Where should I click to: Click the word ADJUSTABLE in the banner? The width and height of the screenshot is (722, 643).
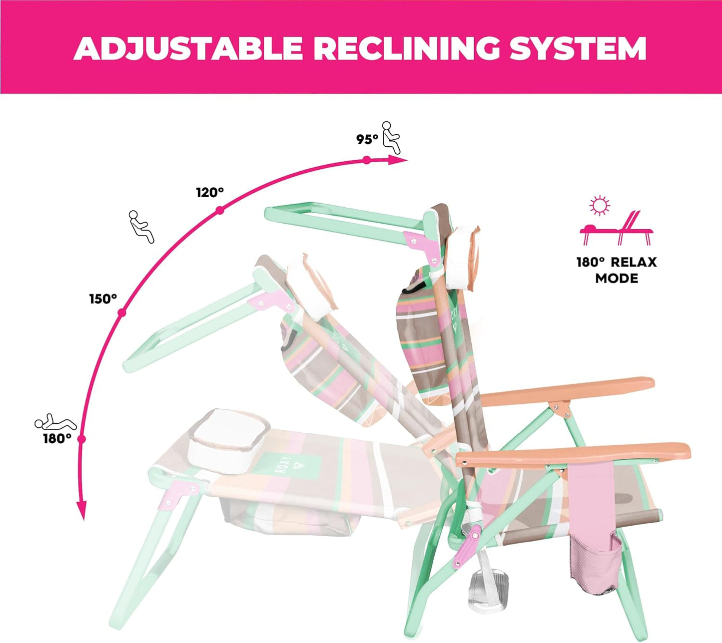tap(188, 48)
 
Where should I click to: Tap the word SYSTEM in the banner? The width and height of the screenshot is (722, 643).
tap(578, 48)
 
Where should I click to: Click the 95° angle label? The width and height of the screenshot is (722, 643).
tap(367, 140)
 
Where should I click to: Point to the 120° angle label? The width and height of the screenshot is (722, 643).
tap(210, 193)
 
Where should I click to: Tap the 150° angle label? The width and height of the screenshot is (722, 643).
tap(103, 299)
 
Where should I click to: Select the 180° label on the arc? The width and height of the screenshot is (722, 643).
tap(57, 439)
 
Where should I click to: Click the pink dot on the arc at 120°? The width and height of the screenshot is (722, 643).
tap(220, 210)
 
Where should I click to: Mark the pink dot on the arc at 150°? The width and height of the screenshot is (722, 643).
tap(122, 313)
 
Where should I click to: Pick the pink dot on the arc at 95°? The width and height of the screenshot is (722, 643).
tap(367, 160)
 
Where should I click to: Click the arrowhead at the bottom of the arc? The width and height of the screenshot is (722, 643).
tap(82, 511)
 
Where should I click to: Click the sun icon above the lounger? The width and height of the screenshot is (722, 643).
tap(600, 206)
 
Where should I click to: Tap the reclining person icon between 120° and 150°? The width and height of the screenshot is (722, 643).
tap(141, 227)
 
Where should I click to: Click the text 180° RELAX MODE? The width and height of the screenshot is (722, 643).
tap(617, 270)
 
